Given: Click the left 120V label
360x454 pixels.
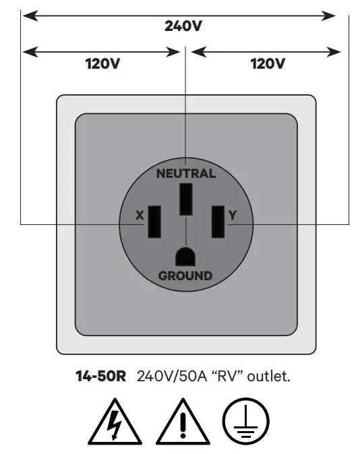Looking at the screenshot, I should tap(102, 64).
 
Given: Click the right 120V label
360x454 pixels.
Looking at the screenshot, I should tap(267, 64).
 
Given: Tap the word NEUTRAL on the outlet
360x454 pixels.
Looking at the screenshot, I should tap(186, 173).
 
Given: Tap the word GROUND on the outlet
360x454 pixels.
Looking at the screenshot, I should tap(185, 275).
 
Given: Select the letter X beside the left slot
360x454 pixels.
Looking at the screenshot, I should tap(140, 216).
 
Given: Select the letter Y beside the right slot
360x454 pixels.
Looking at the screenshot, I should tap(233, 216).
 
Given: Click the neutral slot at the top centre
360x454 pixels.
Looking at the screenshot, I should tap(185, 199).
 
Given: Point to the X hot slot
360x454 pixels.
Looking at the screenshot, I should tap(154, 221).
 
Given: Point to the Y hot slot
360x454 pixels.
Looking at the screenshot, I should tap(218, 221).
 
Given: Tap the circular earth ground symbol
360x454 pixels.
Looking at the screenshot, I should tap(247, 423).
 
